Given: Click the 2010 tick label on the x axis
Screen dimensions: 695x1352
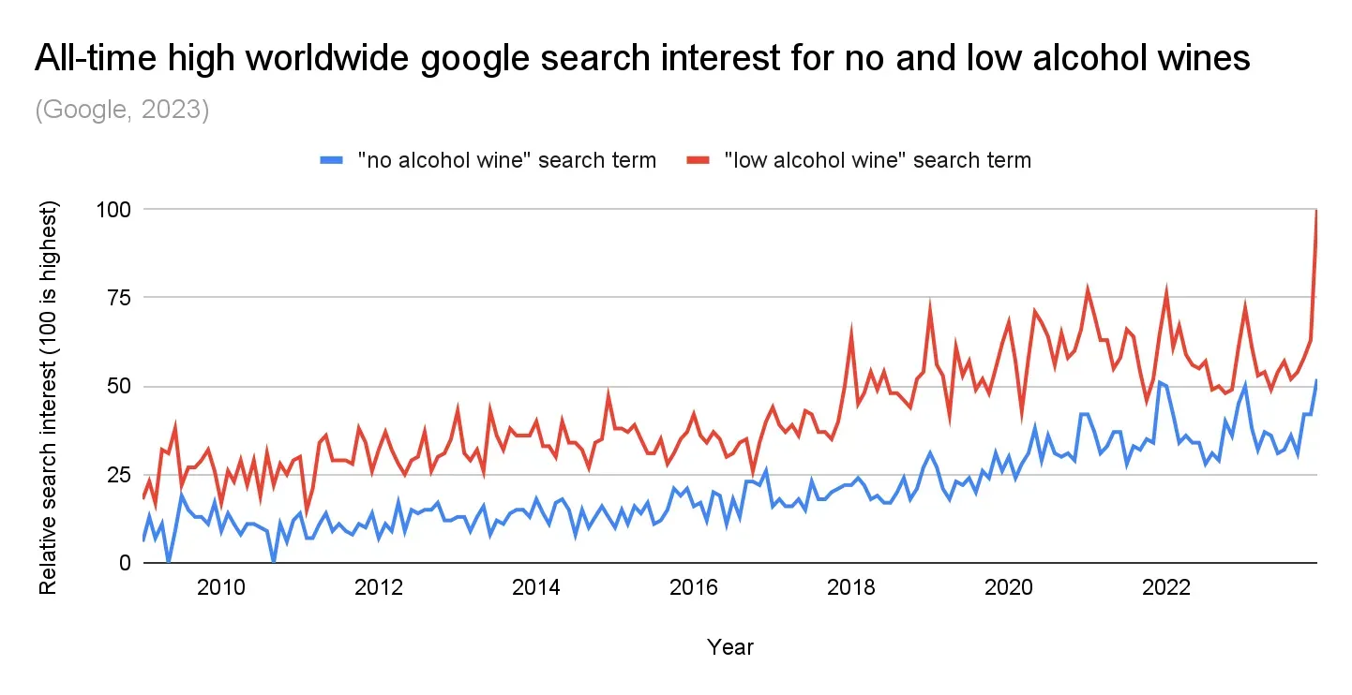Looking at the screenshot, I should point(221,589).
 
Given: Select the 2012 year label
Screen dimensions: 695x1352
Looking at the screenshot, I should point(379,589).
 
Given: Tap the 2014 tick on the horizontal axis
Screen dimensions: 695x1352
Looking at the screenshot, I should point(536,589).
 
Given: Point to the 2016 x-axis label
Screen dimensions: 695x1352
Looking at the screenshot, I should point(694,589).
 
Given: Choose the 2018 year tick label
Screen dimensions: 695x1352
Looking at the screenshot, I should point(851,589).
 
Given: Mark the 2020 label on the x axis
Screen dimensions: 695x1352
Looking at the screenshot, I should point(1009,589).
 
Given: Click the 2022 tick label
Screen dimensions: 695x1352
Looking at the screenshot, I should point(1166,589).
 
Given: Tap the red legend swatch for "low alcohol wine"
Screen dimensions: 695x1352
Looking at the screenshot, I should point(697,160).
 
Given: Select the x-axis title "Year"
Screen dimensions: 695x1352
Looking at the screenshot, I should point(730,646).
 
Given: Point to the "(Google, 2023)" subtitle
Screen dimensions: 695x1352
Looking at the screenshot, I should point(122,110).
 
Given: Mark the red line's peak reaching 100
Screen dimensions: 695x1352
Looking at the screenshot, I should point(1317,211).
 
